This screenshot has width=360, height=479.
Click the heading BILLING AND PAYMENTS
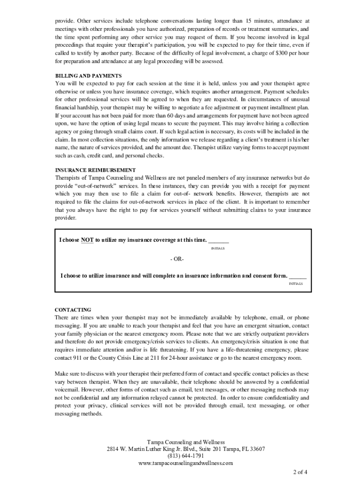pyautogui.click(x=88, y=75)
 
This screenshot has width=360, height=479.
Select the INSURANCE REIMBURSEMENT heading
pyautogui.click(x=95, y=170)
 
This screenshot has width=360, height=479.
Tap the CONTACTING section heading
pyautogui.click(x=73, y=310)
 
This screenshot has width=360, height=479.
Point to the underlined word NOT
pyautogui.click(x=87, y=240)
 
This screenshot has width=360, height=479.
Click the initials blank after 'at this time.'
pyautogui.click(x=218, y=240)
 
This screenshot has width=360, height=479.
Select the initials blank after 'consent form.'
pyautogui.click(x=298, y=276)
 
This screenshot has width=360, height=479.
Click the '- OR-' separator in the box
pyautogui.click(x=177, y=259)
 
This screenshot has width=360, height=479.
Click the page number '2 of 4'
pyautogui.click(x=300, y=471)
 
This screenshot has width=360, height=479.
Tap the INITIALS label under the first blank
pyautogui.click(x=218, y=248)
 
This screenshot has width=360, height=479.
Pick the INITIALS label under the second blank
pyautogui.click(x=295, y=283)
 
